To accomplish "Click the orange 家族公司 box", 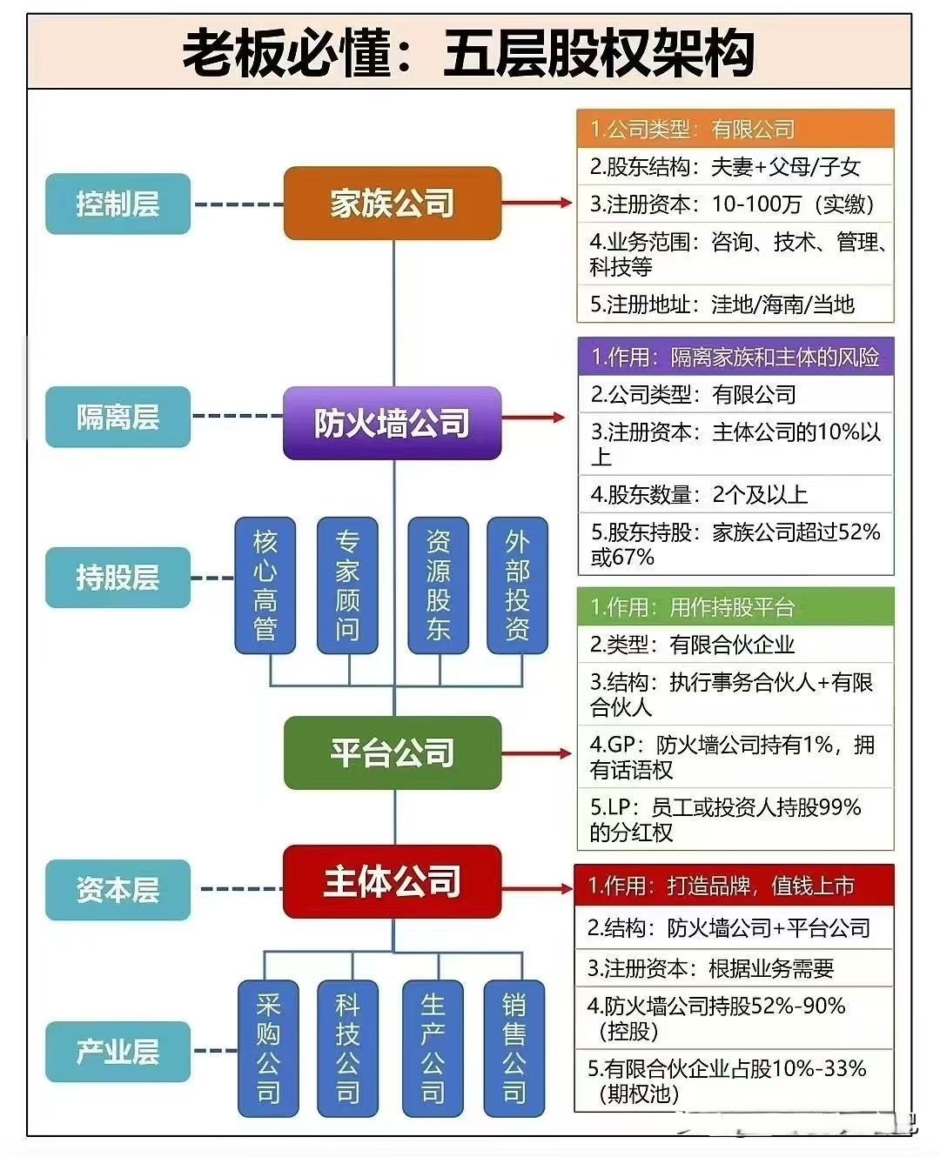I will click(x=393, y=204).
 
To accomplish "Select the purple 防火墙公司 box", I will click(x=393, y=423).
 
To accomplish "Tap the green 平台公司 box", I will click(x=393, y=752).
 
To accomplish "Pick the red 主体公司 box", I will click(x=393, y=881).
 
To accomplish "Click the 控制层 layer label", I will click(x=117, y=204).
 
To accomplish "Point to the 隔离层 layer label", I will click(x=117, y=417).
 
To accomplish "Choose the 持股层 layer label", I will click(x=117, y=577).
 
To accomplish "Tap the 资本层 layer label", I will click(x=117, y=889).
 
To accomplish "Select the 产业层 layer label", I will click(x=117, y=1051).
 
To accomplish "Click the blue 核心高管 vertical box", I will click(x=265, y=585).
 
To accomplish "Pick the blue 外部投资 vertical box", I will click(x=517, y=585).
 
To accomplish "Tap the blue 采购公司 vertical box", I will click(x=268, y=1048).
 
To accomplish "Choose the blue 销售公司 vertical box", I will click(x=514, y=1048).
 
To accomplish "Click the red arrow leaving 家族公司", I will click(x=536, y=203).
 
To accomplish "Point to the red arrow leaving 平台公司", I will click(x=536, y=752).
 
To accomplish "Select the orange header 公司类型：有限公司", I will click(x=735, y=129).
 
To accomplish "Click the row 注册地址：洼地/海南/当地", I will click(x=735, y=304).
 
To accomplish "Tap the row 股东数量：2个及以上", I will click(x=735, y=494).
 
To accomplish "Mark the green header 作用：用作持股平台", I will click(x=735, y=607).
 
